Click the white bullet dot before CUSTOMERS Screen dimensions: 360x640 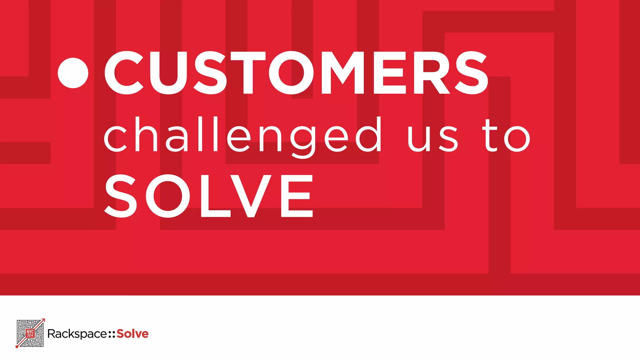[73, 73]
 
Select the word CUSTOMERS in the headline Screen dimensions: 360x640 [296, 73]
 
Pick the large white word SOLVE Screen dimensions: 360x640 [209, 196]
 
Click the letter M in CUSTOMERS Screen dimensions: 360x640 [342, 73]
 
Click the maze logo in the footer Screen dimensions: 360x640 [30, 333]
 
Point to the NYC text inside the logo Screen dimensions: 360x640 [30, 331]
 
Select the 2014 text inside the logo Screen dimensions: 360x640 [30, 336]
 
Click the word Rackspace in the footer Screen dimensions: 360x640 [77, 334]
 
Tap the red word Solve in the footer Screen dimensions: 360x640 [132, 334]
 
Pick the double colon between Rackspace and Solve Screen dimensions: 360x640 [112, 334]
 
